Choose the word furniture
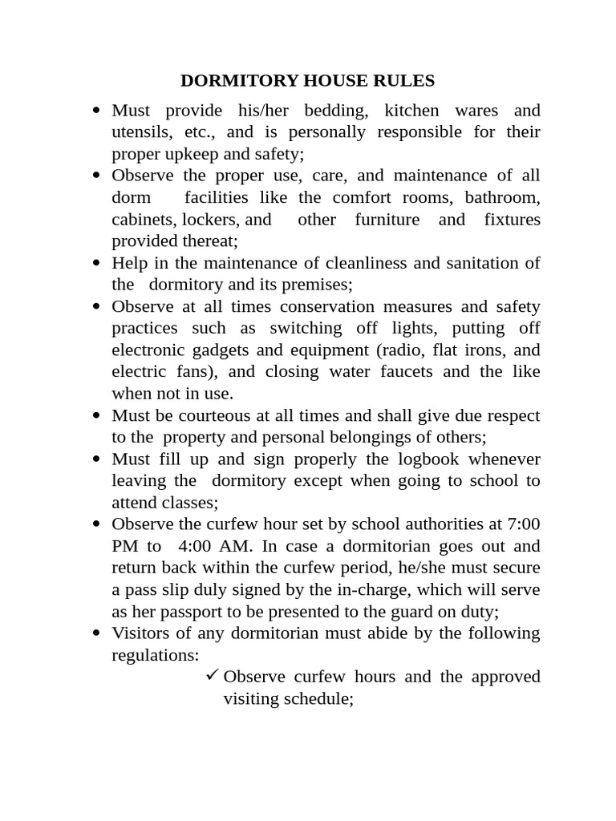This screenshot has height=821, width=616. [x=387, y=219]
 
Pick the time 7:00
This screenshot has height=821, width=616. [x=524, y=524]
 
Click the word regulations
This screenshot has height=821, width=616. [x=155, y=654]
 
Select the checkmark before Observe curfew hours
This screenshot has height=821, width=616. [x=212, y=675]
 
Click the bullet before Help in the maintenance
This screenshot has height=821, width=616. [x=96, y=263]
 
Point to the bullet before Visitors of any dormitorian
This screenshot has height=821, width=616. [x=96, y=633]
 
